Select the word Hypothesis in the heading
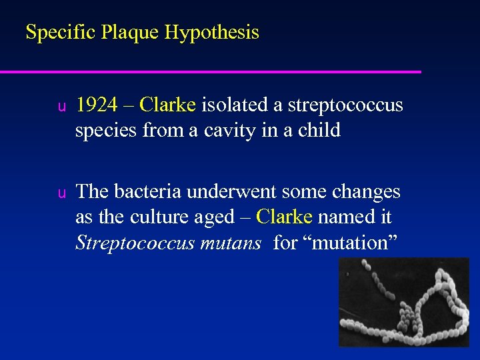click(213, 32)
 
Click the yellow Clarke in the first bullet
click(168, 105)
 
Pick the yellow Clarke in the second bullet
click(284, 217)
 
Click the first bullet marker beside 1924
click(60, 107)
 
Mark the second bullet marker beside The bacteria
click(60, 193)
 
